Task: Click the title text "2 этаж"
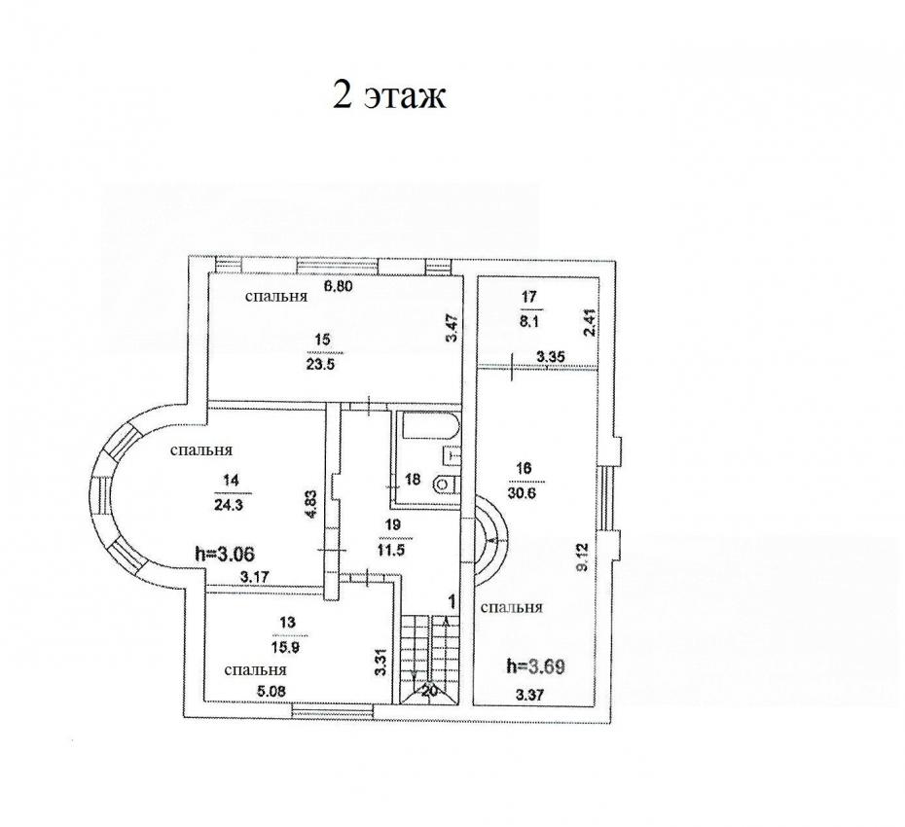[x=389, y=94]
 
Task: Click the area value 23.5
[x=321, y=364]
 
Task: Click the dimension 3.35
[x=550, y=357]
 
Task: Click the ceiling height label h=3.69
[x=535, y=666]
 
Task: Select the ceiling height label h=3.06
[x=226, y=554]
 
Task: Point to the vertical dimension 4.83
[x=310, y=505]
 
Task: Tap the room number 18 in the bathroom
[x=414, y=479]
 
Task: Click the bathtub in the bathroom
[x=430, y=428]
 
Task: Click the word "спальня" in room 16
[x=511, y=607]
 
